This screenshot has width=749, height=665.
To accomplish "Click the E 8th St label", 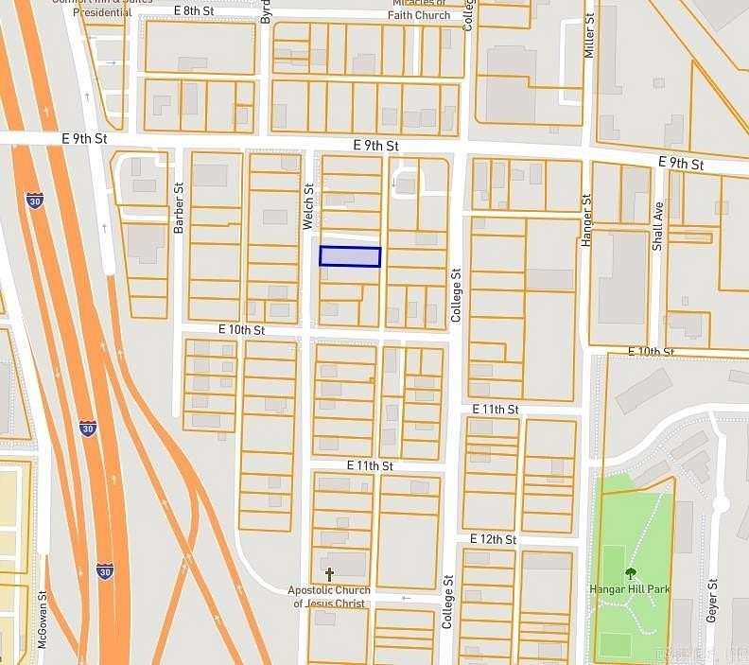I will [195, 10].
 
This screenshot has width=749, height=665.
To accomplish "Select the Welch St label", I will [307, 206].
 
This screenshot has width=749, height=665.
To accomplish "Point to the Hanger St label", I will [586, 220].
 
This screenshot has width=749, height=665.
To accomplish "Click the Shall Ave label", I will [657, 224].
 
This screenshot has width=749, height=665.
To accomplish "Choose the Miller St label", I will [589, 36].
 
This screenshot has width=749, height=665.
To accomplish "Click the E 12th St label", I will [493, 539].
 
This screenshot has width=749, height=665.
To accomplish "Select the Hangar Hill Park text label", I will [630, 589].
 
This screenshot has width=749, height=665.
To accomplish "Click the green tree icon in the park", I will [630, 572].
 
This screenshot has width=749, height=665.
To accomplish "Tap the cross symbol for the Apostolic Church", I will [329, 574].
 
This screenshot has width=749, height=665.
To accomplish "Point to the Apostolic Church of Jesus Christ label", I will [328, 597].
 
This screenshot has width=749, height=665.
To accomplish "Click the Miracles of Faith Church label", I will [420, 9].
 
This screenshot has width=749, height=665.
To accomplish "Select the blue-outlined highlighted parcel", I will [350, 256].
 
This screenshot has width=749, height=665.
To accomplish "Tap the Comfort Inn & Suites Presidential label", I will [92, 9].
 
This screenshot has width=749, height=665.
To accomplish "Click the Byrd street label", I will [266, 11].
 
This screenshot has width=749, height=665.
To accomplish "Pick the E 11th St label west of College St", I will [369, 466].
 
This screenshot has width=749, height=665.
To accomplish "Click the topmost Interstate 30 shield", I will [34, 200].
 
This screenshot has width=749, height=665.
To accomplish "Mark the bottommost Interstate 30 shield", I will [104, 571].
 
